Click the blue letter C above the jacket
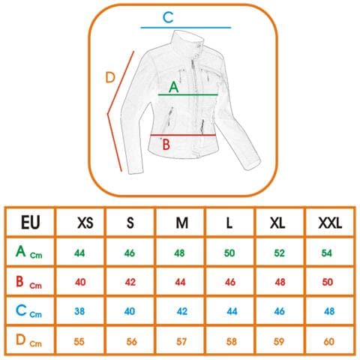168,17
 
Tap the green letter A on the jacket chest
174,88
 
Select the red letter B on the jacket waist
166,145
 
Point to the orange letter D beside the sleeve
110,77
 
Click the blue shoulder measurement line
186,28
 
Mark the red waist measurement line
183,135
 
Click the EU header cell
31,222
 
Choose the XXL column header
330,223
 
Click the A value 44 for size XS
79,253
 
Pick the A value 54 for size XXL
326,253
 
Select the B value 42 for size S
130,282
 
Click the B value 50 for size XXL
328,282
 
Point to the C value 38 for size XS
79,311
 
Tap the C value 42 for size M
182,311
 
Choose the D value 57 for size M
181,341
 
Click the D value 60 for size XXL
328,341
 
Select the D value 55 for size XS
79,341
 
